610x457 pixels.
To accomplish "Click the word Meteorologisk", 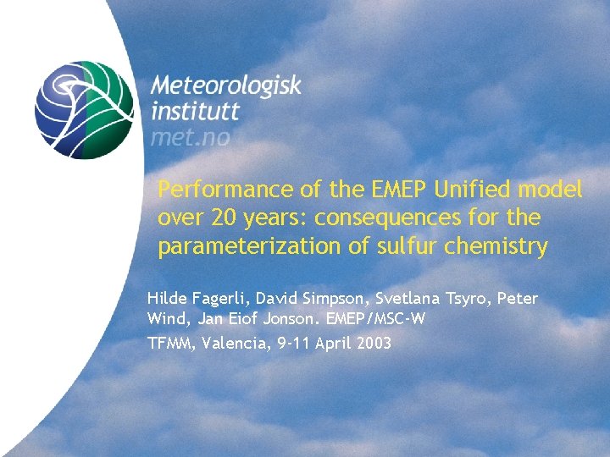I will tap(226, 86).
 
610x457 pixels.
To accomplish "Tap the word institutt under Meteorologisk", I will tap(195, 111).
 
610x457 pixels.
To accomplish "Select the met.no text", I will tap(190, 136).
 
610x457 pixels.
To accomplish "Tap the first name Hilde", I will tap(167, 299).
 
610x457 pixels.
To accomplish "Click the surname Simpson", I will tap(327, 299).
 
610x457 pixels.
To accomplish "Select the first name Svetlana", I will tap(406, 299).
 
